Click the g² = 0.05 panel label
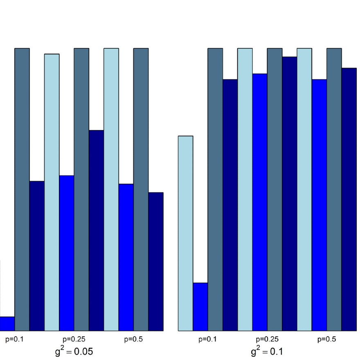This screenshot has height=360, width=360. click(x=74, y=351)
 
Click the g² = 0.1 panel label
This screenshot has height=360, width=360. click(x=267, y=351)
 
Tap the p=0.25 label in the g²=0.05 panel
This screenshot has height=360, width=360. click(x=74, y=339)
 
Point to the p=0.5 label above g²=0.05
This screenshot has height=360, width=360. click(x=133, y=339)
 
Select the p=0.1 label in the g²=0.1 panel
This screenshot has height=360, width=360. click(x=207, y=339)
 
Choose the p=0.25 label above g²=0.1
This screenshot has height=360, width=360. click(x=267, y=339)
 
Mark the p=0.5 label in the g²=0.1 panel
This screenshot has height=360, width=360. click(x=326, y=339)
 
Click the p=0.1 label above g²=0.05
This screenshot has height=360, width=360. click(x=14, y=339)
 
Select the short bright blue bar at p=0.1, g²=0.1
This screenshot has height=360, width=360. click(x=200, y=307)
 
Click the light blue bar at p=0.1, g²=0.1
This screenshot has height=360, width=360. click(x=185, y=233)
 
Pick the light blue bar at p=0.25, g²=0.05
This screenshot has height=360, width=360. click(x=52, y=192)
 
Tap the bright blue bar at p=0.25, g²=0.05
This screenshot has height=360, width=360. click(x=67, y=253)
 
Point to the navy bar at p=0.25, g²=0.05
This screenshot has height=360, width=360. click(x=96, y=230)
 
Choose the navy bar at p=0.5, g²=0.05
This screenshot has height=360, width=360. click(x=156, y=262)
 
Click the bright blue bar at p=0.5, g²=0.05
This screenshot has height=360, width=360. click(x=126, y=257)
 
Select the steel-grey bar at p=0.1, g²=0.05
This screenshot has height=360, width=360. click(x=22, y=189)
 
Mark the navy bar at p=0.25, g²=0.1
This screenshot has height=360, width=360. click(x=290, y=194)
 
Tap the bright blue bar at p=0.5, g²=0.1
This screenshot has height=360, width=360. click(x=319, y=205)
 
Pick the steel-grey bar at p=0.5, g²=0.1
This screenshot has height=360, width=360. click(x=334, y=189)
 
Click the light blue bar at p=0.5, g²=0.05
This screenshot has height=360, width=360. click(x=111, y=189)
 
